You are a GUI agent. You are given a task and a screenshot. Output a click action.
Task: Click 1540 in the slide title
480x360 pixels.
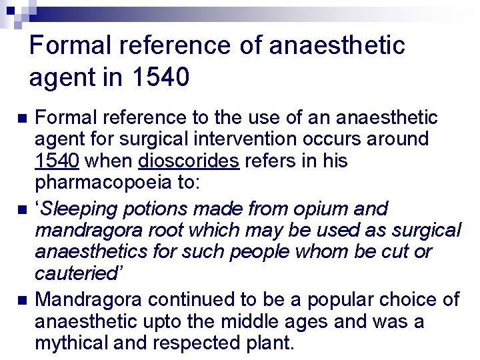(161, 78)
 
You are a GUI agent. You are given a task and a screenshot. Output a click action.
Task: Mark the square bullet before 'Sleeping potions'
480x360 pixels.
(22, 209)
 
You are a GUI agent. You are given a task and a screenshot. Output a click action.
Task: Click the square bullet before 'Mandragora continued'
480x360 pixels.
(22, 300)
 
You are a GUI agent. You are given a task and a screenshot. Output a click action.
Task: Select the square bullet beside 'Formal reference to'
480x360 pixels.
(22, 119)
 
